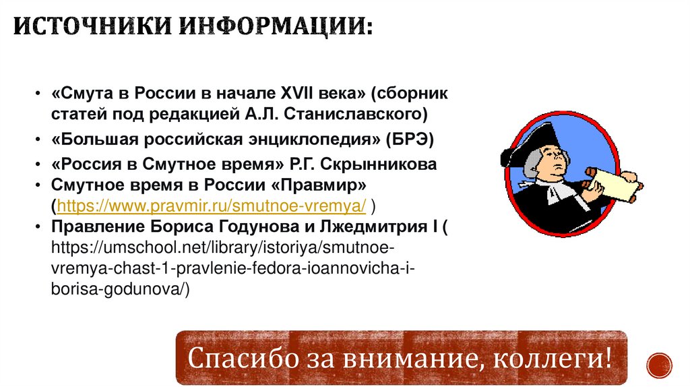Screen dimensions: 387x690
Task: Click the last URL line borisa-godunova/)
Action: pos(121,289)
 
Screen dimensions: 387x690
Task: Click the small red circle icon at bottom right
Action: pos(658,365)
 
